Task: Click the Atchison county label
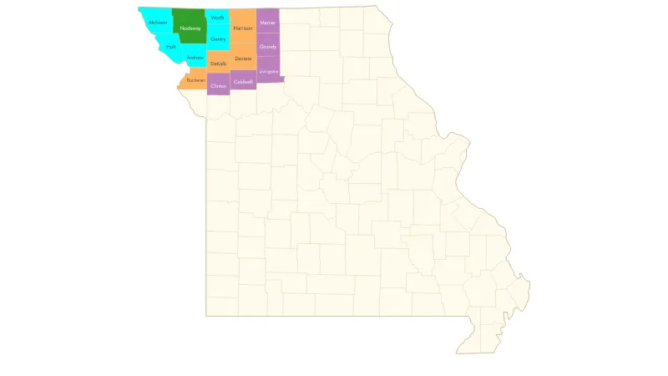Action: coord(158,23)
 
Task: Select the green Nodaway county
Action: coord(190,28)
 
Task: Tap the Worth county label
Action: coord(218,18)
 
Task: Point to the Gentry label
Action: coord(218,38)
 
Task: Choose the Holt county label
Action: coord(171,47)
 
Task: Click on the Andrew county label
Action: coord(195,58)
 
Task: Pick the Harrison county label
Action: coord(243,28)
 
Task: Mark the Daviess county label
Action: coord(243,58)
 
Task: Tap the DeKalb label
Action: coord(219,64)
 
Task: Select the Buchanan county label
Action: coord(196,80)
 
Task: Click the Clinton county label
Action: coord(219,86)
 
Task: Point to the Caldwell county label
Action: coord(243,82)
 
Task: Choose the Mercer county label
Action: coord(267,22)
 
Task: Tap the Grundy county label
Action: coord(267,47)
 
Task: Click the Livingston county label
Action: coord(268,72)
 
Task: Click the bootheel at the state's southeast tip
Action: coord(476,343)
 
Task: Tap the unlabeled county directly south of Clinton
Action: coord(219,104)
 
